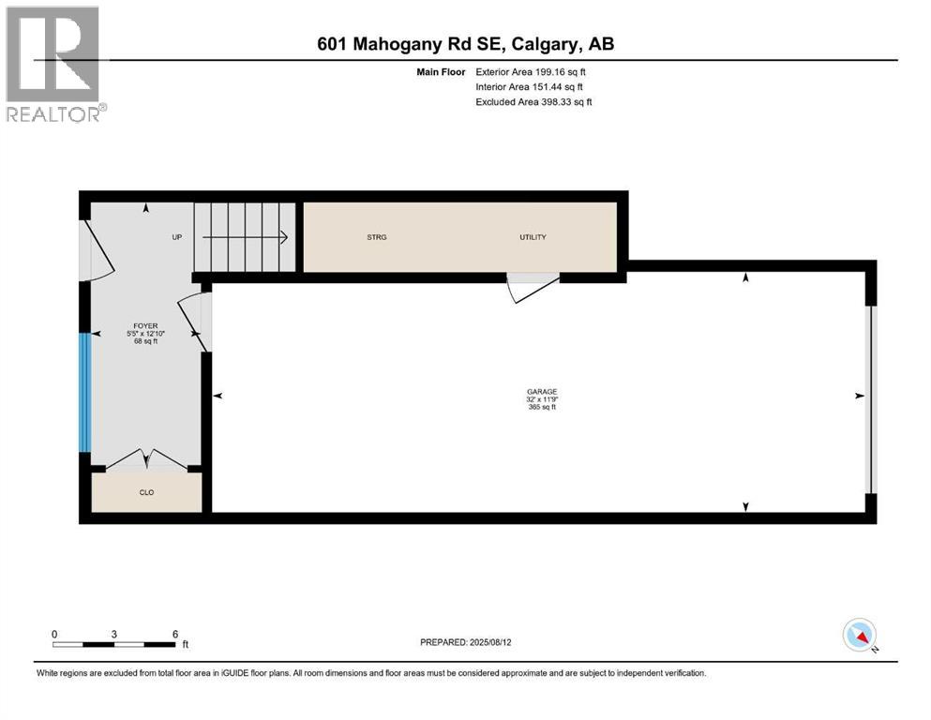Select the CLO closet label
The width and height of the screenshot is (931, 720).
146,491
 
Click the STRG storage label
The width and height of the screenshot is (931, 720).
376,237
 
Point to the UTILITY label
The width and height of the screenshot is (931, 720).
533,237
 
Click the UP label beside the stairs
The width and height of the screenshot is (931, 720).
176,237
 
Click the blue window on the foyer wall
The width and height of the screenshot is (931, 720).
84,392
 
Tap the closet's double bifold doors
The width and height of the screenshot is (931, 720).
146,459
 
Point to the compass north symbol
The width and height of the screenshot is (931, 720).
859,635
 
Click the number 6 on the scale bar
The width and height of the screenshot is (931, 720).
175,634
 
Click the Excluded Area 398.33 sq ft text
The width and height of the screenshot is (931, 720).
533,101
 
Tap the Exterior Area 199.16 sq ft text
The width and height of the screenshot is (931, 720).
532,71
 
